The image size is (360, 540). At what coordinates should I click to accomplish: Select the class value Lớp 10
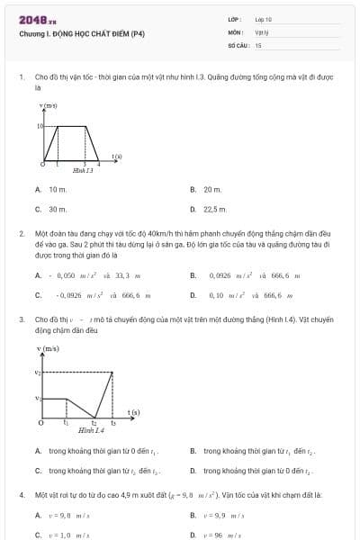point(263,19)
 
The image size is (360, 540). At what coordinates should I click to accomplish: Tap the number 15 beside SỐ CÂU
point(258,44)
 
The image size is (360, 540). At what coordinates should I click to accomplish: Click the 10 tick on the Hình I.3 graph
point(40,126)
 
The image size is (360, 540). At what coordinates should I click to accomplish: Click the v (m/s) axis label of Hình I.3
point(49,106)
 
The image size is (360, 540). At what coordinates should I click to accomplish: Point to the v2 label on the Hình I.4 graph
point(38,372)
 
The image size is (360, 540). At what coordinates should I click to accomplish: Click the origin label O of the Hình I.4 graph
point(40,421)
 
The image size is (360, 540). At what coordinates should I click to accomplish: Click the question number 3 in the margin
point(21,319)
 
